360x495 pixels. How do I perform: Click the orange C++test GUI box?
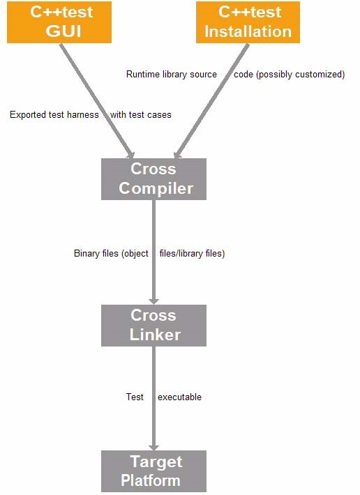(59, 22)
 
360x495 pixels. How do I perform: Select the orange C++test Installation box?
(248, 22)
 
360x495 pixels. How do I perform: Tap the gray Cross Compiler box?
(153, 179)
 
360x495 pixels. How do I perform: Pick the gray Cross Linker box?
(153, 326)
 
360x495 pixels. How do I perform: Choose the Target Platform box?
(153, 471)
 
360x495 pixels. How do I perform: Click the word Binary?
(84, 254)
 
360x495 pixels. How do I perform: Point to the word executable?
(179, 397)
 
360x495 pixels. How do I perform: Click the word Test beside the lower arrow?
(135, 397)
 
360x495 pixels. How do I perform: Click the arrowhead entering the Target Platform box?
(153, 447)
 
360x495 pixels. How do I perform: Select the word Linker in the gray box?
(155, 335)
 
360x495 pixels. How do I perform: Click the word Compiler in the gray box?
(156, 188)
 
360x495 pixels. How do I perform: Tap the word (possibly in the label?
(273, 75)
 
